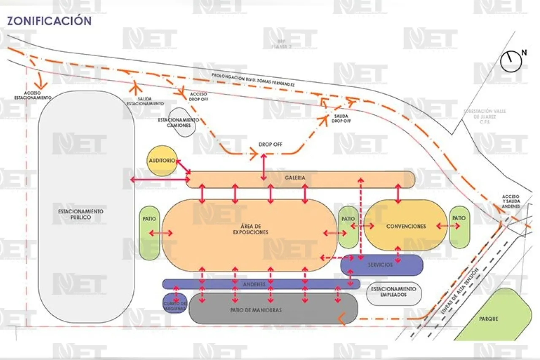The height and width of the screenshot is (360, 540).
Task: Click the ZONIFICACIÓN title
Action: (49, 21)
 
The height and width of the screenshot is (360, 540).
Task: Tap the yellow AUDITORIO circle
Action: (162, 161)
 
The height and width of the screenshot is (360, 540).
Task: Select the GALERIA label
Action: (295, 178)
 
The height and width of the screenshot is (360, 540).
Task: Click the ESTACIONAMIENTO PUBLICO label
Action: (81, 214)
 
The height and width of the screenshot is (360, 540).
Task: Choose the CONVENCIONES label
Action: (406, 227)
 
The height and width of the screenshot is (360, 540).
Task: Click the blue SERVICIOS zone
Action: (381, 265)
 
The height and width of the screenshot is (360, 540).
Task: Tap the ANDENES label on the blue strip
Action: (254, 284)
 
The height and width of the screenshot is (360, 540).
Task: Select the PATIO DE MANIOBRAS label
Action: (256, 310)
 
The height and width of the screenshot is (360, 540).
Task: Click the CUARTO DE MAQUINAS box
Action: (175, 304)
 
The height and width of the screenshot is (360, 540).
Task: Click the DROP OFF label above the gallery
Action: (270, 145)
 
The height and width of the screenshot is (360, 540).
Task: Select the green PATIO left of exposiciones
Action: (150, 233)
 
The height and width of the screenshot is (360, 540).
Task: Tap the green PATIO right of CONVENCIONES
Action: (459, 227)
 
